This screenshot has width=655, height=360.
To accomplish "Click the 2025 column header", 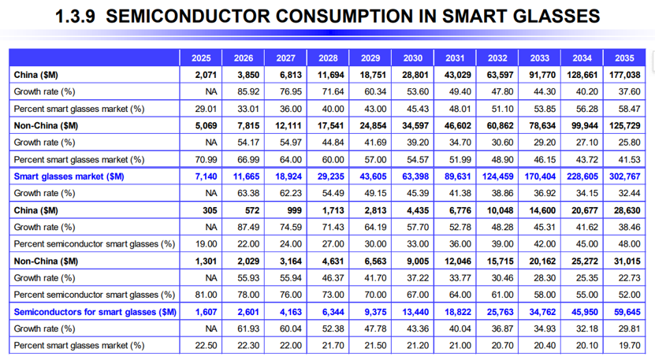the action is click(x=201, y=58).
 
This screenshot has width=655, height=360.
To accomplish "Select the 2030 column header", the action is click(x=413, y=58).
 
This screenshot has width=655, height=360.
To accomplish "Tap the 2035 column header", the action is click(x=624, y=58).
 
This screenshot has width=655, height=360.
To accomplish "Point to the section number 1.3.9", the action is click(x=75, y=17).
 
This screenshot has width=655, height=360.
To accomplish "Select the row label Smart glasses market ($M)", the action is click(x=69, y=176).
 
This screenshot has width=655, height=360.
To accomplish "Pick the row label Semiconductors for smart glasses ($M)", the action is click(x=95, y=312).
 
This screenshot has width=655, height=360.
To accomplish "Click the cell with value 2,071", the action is click(x=206, y=75).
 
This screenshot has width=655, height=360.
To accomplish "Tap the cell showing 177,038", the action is click(x=624, y=75).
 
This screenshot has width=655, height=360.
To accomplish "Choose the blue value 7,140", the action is click(x=206, y=176).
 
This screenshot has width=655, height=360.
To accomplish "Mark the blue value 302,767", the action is click(x=624, y=176).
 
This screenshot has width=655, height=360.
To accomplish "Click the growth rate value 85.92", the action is click(x=248, y=92).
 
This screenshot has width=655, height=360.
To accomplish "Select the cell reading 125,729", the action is click(x=624, y=126).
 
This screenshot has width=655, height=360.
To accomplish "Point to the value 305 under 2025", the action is click(x=210, y=210).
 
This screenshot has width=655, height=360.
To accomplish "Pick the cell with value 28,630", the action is click(x=627, y=210).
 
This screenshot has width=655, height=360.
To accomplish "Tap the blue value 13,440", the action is click(x=415, y=312).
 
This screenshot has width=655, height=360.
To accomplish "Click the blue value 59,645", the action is click(x=627, y=312).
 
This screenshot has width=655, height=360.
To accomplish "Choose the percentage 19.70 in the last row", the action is click(x=630, y=346).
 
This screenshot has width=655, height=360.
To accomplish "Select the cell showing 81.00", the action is click(x=206, y=295).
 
